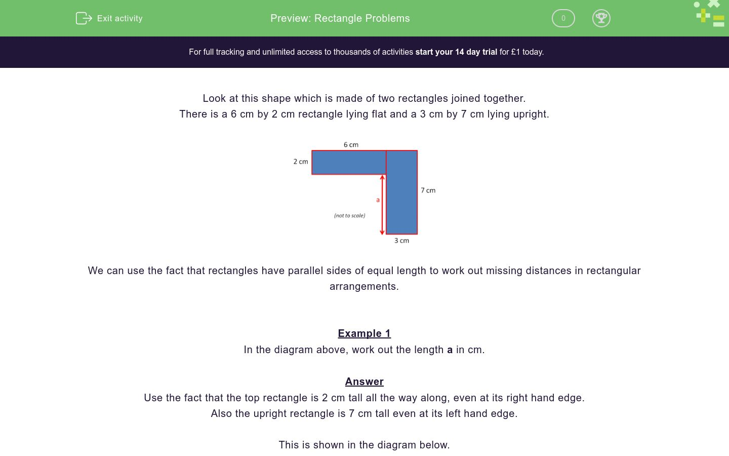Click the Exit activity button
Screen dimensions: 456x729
(x=109, y=18)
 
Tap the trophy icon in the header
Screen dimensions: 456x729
(x=601, y=18)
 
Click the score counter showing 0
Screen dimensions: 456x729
(x=563, y=18)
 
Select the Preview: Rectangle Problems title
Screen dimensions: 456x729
(x=340, y=18)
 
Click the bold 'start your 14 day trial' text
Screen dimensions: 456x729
(x=456, y=52)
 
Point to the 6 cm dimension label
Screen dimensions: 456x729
(x=351, y=145)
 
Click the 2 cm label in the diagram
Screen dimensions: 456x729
(x=301, y=162)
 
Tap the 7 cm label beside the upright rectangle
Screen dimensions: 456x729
(x=428, y=191)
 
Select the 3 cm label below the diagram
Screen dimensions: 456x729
(x=401, y=241)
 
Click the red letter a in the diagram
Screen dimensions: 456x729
(x=378, y=200)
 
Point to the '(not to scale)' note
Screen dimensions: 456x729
(x=349, y=215)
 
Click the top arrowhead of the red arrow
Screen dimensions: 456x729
(x=382, y=178)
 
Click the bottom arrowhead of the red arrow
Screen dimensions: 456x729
(x=382, y=232)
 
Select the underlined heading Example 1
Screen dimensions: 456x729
(x=364, y=333)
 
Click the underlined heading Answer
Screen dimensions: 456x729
(x=364, y=382)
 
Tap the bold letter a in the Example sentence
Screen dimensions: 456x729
(x=450, y=350)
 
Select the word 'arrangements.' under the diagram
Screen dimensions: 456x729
(x=364, y=286)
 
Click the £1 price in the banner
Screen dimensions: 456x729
(x=515, y=52)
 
